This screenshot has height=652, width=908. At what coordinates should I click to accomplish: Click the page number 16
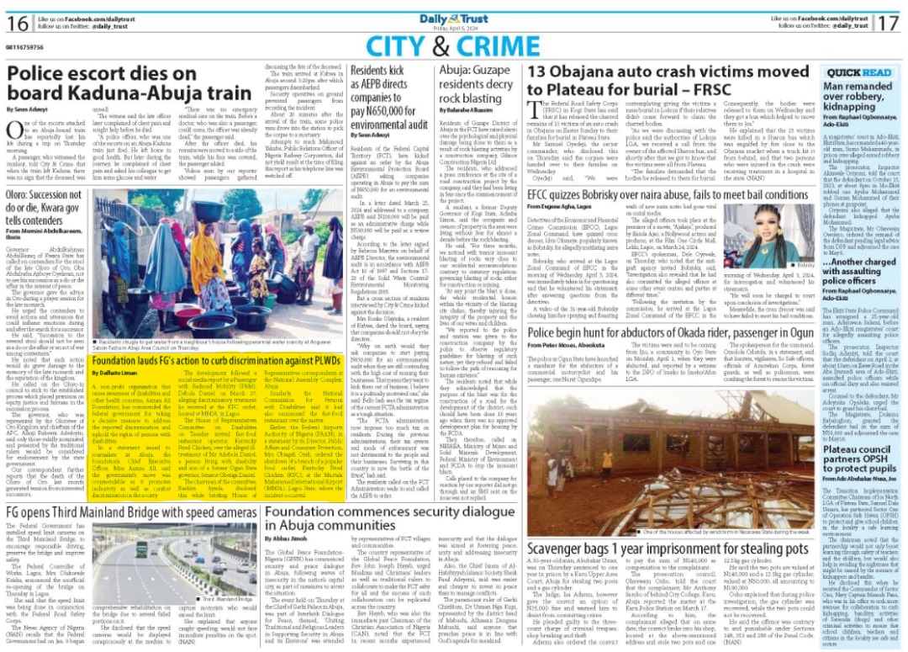point(16,24)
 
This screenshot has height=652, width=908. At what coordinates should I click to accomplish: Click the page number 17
point(891,24)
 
